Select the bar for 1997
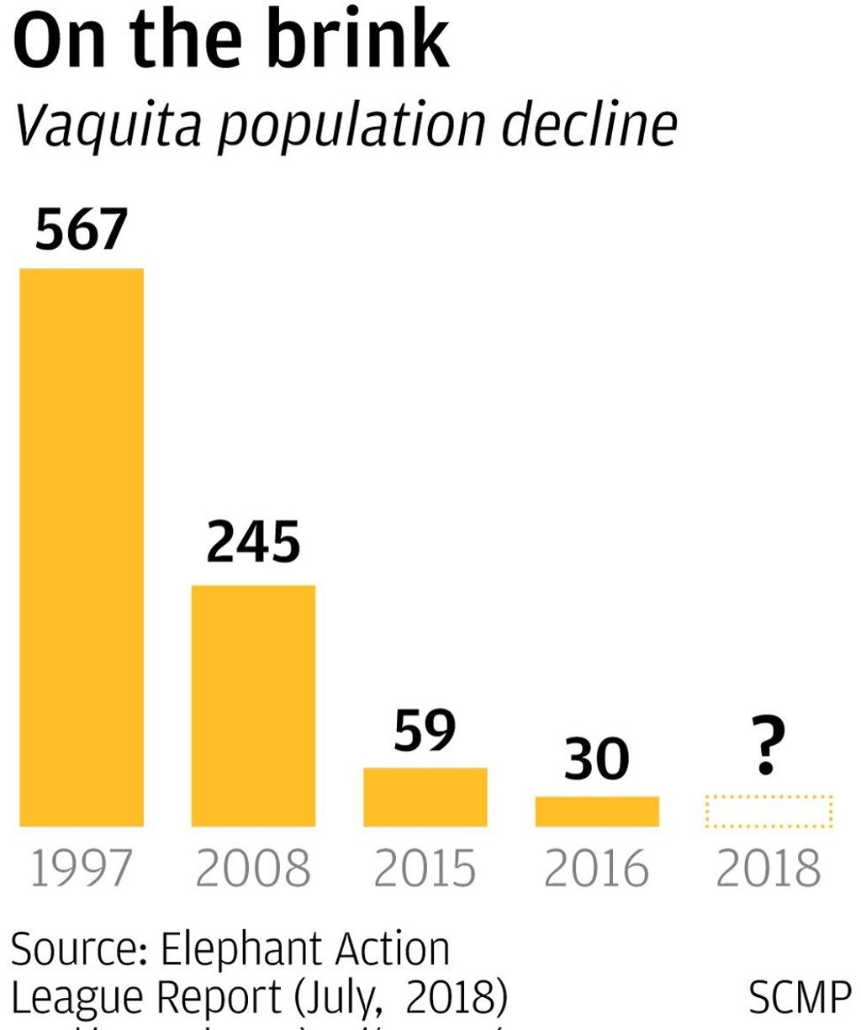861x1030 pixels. coord(82,547)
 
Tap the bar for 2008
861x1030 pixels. coord(253,705)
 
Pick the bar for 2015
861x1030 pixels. coord(425,796)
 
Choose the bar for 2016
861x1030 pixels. coord(597,811)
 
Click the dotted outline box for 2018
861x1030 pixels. coord(769,811)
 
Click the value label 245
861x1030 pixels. coord(253,543)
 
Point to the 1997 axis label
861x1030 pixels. coord(82,869)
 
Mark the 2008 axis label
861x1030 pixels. coord(253,869)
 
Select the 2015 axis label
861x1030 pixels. coord(425,869)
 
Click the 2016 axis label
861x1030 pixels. coord(597,869)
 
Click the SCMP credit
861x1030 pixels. coord(799,998)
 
